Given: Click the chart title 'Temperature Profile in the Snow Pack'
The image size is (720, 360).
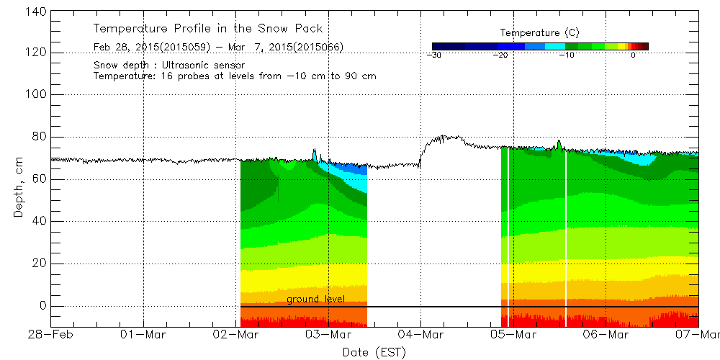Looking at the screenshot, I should click(208, 29).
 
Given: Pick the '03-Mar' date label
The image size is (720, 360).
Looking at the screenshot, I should click(328, 335).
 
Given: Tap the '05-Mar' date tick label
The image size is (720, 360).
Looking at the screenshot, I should click(513, 335).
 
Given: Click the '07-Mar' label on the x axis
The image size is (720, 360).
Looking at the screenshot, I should click(697, 335).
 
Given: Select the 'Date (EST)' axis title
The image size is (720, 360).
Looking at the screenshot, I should click(374, 352).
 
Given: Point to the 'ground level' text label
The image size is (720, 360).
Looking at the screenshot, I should click(315, 299).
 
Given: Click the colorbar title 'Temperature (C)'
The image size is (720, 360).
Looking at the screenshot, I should click(539, 33).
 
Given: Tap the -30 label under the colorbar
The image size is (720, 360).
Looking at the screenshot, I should click(433, 55).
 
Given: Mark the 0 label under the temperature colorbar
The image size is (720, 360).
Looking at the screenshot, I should click(632, 55).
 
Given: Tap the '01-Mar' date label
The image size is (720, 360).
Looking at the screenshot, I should click(143, 335).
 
